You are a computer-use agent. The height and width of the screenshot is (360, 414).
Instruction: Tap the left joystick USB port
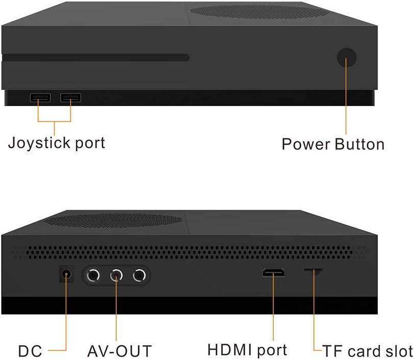pyautogui.click(x=40, y=97)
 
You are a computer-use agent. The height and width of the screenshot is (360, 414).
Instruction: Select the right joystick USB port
pyautogui.click(x=71, y=97)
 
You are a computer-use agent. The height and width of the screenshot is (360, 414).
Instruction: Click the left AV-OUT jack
pyautogui.click(x=94, y=276)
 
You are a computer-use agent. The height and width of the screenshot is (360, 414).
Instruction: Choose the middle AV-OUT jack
pyautogui.click(x=117, y=276)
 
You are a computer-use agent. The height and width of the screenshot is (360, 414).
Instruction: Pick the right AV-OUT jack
pyautogui.click(x=140, y=276)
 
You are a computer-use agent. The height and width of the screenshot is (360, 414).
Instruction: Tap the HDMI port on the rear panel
pyautogui.click(x=274, y=274)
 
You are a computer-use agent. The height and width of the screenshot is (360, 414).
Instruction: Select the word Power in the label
pyautogui.click(x=306, y=144)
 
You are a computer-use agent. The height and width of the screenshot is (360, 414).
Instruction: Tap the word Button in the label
pyautogui.click(x=360, y=144)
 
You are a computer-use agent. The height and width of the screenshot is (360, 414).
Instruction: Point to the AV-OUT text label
pyautogui.click(x=119, y=351)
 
